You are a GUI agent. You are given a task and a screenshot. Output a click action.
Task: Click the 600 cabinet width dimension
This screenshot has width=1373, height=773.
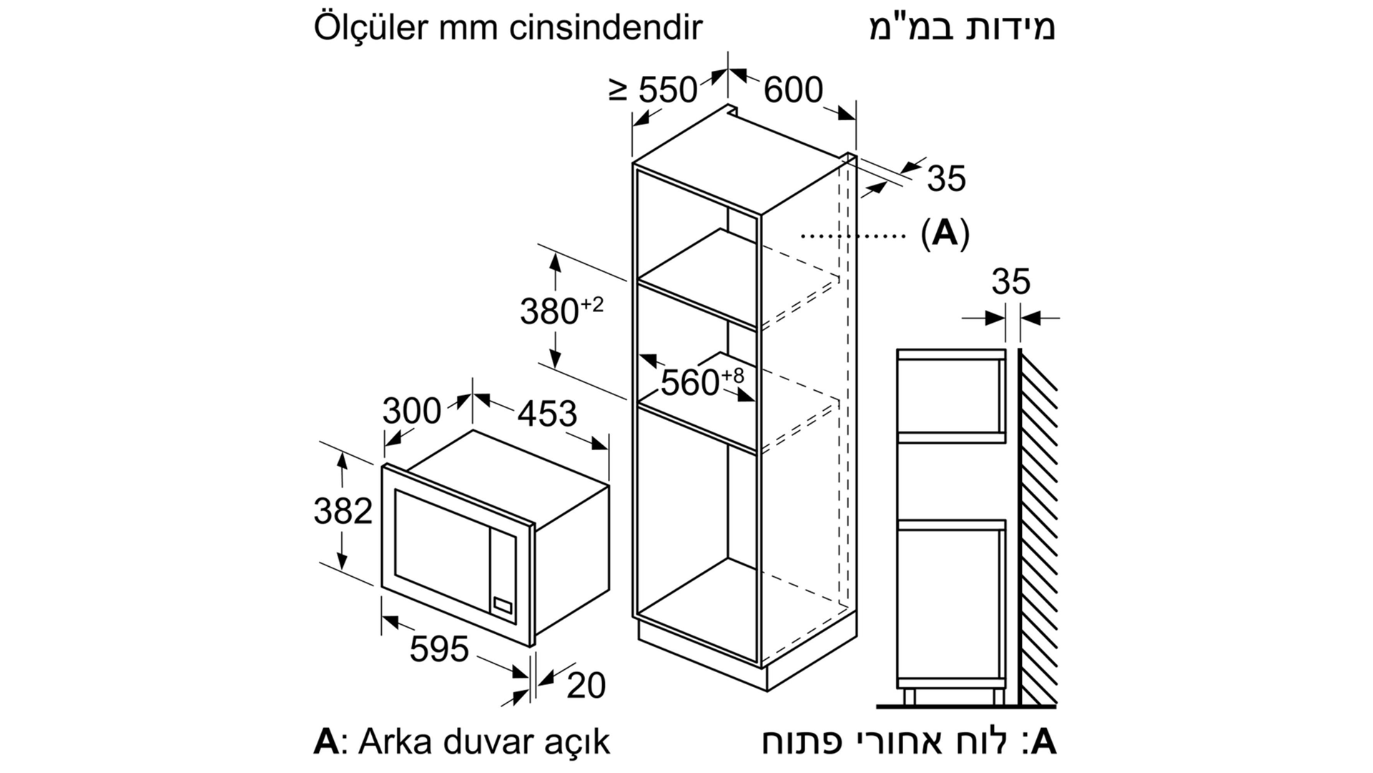793,90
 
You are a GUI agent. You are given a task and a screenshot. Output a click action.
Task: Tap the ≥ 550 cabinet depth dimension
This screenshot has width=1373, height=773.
653,90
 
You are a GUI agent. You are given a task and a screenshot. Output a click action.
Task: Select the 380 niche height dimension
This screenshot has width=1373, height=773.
562,311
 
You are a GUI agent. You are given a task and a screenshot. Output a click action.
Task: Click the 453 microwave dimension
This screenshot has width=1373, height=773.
547,413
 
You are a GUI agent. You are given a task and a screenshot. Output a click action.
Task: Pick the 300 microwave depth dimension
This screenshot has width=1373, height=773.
412,411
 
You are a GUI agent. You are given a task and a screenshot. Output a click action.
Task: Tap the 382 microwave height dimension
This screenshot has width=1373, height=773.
343,511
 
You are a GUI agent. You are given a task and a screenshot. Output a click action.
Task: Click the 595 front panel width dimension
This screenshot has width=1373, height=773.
439,649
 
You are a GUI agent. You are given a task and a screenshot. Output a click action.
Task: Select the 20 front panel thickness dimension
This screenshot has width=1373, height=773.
586,685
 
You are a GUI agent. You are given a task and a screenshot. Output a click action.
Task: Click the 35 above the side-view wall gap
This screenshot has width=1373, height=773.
1011,281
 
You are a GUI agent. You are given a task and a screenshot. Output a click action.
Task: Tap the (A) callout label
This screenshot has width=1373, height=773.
945,233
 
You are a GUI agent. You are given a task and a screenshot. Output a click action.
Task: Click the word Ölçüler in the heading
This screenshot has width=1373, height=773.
371,27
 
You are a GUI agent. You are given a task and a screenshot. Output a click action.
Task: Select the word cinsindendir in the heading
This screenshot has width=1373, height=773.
606,27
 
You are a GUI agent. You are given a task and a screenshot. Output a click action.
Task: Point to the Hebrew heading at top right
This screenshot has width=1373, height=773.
963,27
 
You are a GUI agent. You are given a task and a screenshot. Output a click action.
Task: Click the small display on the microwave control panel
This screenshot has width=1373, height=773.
502,605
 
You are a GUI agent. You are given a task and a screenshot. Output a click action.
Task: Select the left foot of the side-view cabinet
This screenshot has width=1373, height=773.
910,696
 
